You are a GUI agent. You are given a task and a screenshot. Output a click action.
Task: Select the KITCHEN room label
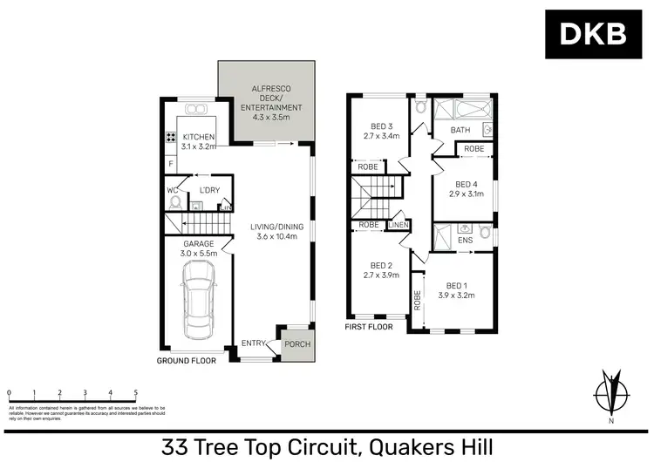tap(198, 137)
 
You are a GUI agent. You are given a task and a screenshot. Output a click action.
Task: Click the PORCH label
tap(296, 344)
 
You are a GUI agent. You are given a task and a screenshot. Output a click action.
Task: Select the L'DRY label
tap(208, 190)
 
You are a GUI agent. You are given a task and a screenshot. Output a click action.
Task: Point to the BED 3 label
tap(381, 125)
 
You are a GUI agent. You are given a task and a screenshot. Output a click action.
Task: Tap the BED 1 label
tap(456, 285)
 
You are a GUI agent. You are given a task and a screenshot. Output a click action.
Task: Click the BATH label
tap(460, 131)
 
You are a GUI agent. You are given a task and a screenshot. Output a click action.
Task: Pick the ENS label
tap(465, 239)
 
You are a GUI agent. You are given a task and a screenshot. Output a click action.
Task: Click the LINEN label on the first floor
tap(399, 226)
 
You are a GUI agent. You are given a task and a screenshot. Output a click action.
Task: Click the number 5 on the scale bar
tap(135, 393)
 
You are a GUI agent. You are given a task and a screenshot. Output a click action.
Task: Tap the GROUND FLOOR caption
tap(185, 359)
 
